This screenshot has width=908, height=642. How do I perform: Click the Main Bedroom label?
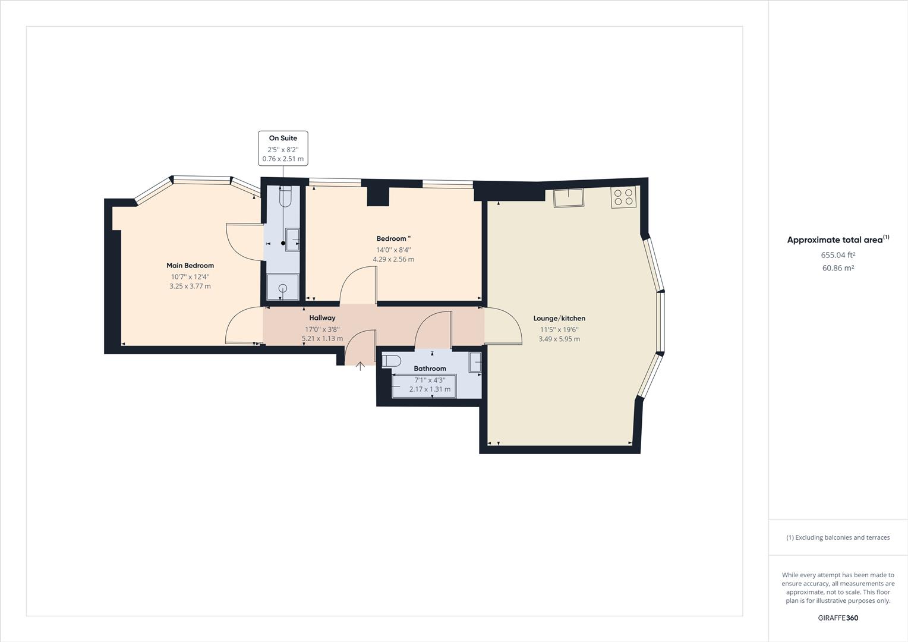(190, 266)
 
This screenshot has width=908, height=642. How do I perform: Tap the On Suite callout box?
(283, 148)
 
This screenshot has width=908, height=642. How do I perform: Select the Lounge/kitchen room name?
(559, 319)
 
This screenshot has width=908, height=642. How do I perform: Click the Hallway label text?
(322, 318)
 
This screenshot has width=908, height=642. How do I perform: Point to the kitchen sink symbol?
(569, 197)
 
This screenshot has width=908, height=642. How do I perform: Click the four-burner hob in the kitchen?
(624, 197)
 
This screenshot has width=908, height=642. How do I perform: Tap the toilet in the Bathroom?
(392, 361)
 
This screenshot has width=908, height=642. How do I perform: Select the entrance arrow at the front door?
(360, 366)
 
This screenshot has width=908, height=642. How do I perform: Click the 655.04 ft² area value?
(838, 255)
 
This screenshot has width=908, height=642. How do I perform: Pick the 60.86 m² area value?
(838, 268)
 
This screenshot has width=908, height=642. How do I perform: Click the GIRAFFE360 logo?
(838, 618)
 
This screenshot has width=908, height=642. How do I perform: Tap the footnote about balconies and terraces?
(838, 537)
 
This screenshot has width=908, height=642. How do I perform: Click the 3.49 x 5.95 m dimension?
(559, 339)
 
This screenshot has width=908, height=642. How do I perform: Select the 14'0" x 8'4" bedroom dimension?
(393, 250)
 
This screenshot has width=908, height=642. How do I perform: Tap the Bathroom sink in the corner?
(475, 362)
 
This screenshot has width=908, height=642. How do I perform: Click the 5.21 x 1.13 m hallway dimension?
(322, 339)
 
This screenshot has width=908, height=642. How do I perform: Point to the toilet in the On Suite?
(285, 196)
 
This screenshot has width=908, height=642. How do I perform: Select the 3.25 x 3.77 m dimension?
(190, 286)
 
